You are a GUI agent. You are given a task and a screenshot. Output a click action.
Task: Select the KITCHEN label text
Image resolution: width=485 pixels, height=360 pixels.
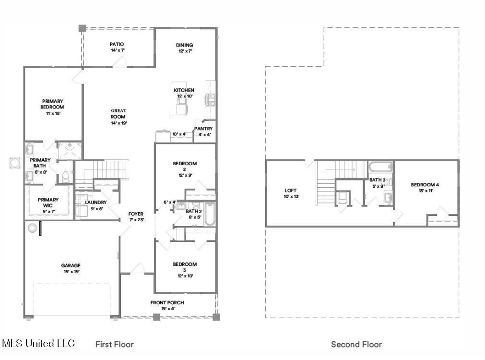[x=184, y=90]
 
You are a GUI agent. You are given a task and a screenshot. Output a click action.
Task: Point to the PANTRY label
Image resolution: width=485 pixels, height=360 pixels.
[x=203, y=129]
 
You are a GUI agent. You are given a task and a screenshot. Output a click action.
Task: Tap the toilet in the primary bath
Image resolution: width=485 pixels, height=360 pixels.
[x=65, y=177]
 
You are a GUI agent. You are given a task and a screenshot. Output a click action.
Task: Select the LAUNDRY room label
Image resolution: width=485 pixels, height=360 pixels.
[x=95, y=203]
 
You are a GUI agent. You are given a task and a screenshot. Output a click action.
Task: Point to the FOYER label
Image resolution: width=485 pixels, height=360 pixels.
[x=136, y=214]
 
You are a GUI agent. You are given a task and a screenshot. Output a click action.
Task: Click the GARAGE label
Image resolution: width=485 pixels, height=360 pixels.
[x=71, y=265]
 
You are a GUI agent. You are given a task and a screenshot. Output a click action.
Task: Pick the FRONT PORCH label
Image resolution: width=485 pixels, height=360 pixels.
[x=167, y=302]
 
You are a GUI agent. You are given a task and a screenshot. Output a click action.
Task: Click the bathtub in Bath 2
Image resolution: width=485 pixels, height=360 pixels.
[x=209, y=215]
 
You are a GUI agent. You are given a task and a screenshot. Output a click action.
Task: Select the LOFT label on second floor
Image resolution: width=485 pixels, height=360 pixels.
[x=290, y=191]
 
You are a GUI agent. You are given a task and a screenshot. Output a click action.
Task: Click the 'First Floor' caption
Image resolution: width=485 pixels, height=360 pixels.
[x=114, y=344]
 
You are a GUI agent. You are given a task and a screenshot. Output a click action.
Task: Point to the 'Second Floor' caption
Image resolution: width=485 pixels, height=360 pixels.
[x=356, y=344]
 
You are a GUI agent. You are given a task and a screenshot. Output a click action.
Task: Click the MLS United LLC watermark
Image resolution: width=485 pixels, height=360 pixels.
[x=38, y=343]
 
